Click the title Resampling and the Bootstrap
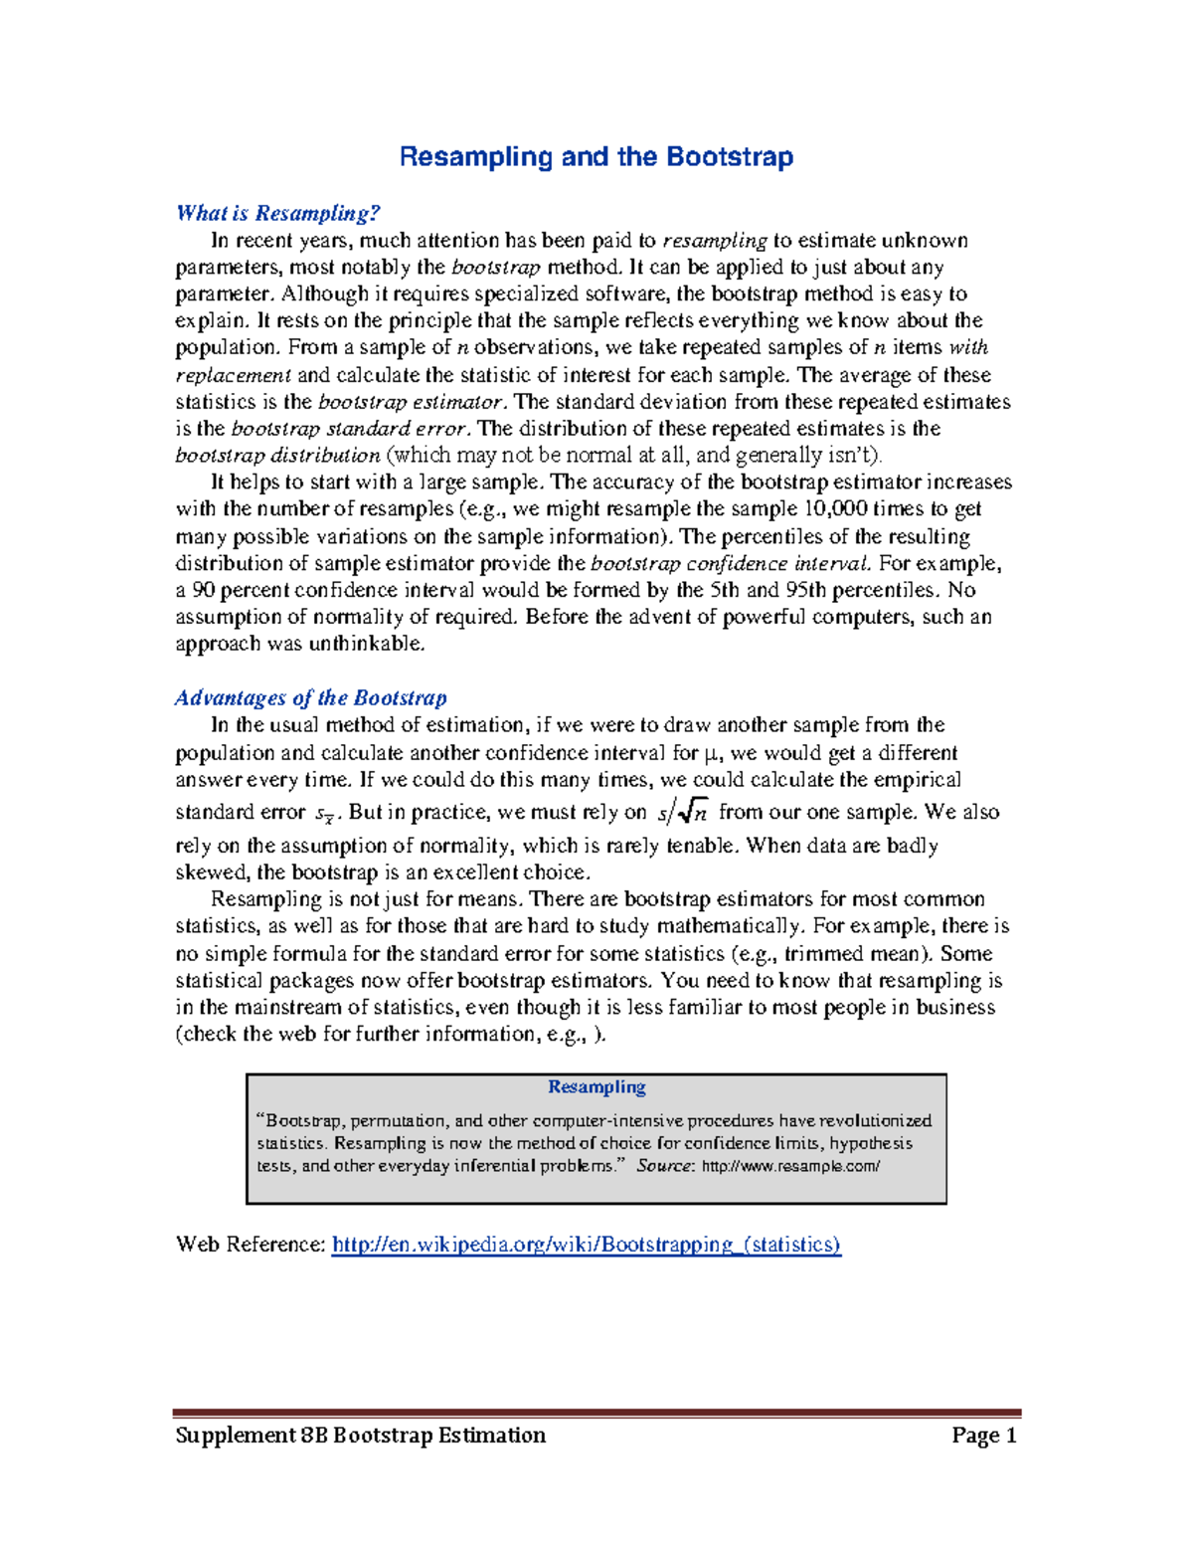596,157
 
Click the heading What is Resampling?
278,213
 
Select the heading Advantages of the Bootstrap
311,697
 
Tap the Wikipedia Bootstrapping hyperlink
587,1245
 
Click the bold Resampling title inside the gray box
596,1087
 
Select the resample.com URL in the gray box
790,1166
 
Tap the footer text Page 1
983,1435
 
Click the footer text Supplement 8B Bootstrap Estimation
361,1435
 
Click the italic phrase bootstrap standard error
349,429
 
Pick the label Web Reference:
250,1245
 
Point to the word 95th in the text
805,590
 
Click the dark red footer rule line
596,1412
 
